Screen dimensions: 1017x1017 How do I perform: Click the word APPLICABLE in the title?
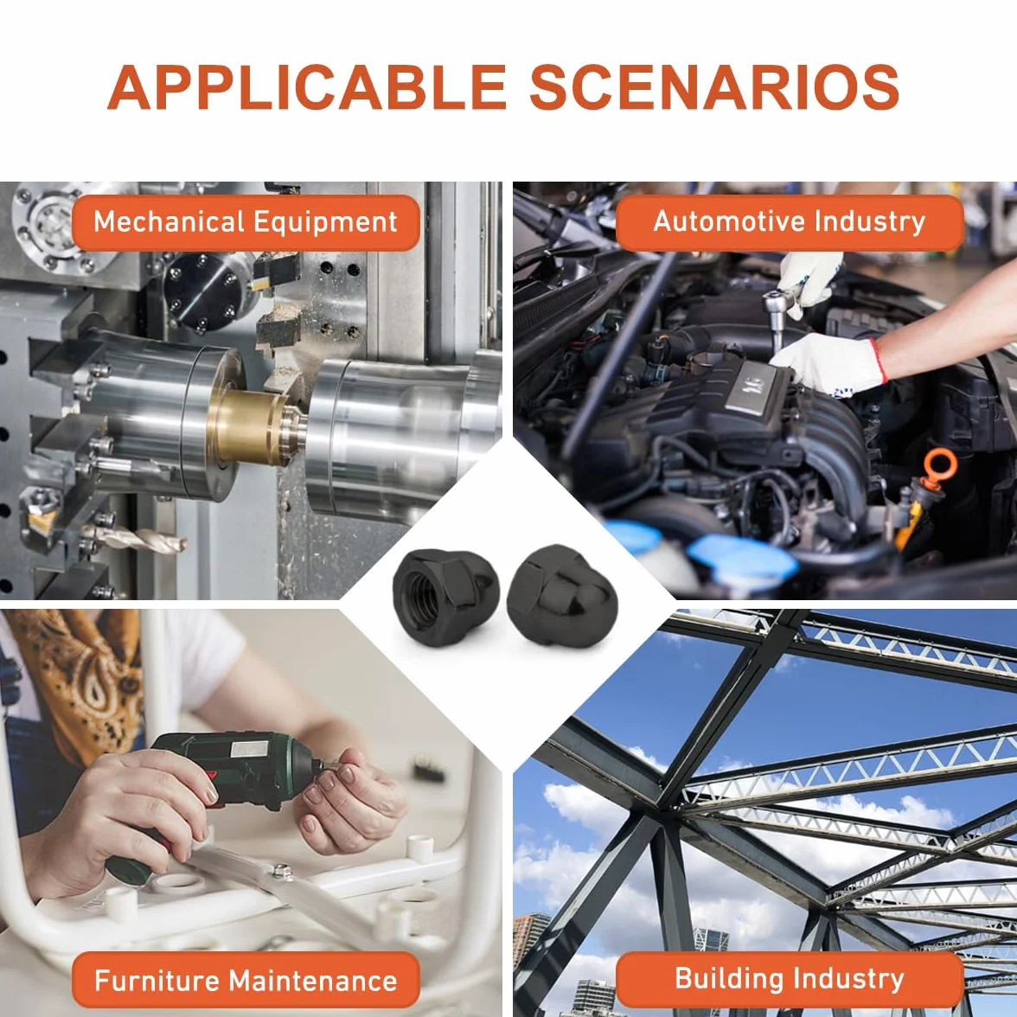click(x=306, y=86)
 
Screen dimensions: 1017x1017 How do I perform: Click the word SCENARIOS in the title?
click(x=714, y=86)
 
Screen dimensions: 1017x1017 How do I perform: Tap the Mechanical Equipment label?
click(x=246, y=222)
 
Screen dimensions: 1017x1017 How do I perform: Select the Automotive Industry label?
click(x=789, y=222)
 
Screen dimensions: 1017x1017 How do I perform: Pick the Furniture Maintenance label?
click(x=246, y=979)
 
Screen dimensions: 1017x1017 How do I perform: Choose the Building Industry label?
click(x=789, y=979)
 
